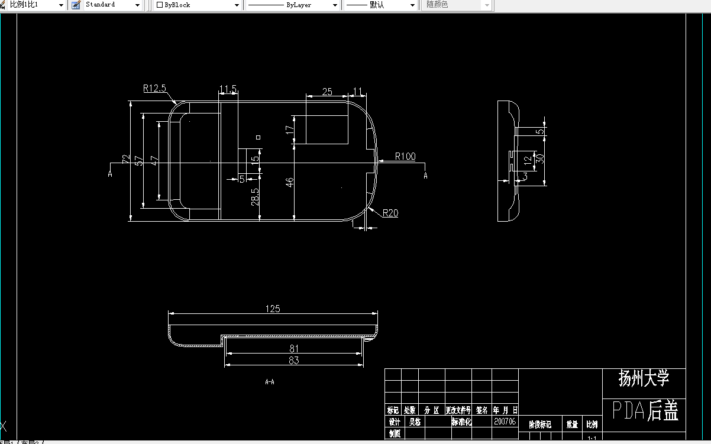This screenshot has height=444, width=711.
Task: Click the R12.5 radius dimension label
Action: [154, 89]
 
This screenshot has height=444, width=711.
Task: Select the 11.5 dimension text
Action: [228, 89]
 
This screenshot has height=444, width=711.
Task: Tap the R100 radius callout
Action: [405, 157]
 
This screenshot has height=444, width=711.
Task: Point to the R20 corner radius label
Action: [390, 213]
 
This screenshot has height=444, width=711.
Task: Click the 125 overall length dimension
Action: [273, 309]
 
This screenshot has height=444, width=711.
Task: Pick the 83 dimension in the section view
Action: [294, 361]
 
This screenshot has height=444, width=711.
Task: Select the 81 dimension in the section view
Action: [294, 349]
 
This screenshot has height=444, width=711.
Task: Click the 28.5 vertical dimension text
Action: [254, 197]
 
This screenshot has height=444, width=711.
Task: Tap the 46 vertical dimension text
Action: [290, 182]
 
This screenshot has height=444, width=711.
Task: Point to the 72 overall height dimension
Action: [125, 159]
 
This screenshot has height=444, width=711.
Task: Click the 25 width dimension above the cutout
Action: [327, 92]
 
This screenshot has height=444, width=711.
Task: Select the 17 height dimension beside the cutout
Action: [290, 129]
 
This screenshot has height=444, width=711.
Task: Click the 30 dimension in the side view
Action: [539, 158]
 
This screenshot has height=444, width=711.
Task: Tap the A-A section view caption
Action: [270, 382]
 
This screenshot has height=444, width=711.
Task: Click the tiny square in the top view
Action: [258, 137]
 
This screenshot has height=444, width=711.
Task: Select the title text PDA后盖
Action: [645, 410]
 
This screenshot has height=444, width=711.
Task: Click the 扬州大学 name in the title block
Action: [644, 378]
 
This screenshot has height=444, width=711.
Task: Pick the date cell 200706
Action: [505, 422]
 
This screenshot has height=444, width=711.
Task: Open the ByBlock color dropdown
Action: [198, 5]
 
